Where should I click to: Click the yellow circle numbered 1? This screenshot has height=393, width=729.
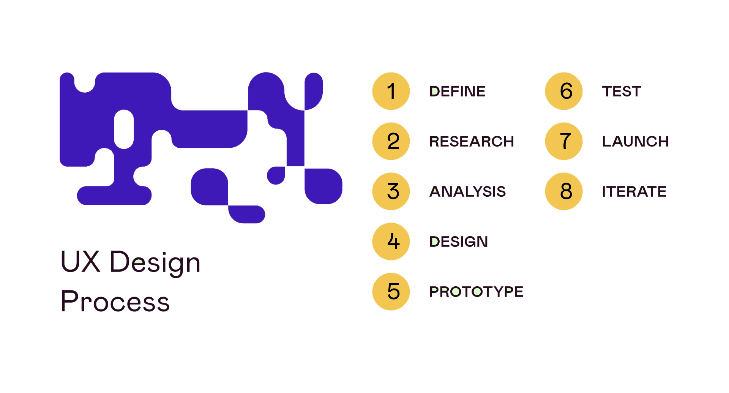[391, 91]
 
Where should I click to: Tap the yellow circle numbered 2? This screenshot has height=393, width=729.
[391, 141]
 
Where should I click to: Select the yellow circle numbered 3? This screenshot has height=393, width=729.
[391, 191]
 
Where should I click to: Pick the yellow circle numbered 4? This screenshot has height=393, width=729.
[391, 241]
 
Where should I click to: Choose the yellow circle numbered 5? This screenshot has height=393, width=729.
[391, 292]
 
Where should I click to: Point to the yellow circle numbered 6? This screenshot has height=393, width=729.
[564, 91]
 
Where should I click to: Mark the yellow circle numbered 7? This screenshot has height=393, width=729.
[564, 141]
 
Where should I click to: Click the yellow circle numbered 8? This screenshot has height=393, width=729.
[564, 191]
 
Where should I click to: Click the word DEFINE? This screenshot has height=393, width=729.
[457, 92]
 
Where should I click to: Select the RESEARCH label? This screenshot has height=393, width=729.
[472, 142]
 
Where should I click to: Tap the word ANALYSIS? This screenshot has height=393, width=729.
[467, 192]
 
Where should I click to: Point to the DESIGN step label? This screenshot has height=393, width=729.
[458, 242]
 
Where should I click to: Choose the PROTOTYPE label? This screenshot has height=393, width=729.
[476, 292]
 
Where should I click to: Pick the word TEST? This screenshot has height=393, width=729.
[622, 92]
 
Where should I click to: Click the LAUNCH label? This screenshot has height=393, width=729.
[635, 142]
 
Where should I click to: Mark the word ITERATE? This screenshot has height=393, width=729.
[634, 192]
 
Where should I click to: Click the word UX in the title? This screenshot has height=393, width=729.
[80, 262]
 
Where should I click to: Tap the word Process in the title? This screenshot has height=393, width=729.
[115, 301]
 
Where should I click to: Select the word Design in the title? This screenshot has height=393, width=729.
[155, 263]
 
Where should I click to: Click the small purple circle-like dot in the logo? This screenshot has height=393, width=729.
[276, 175]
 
